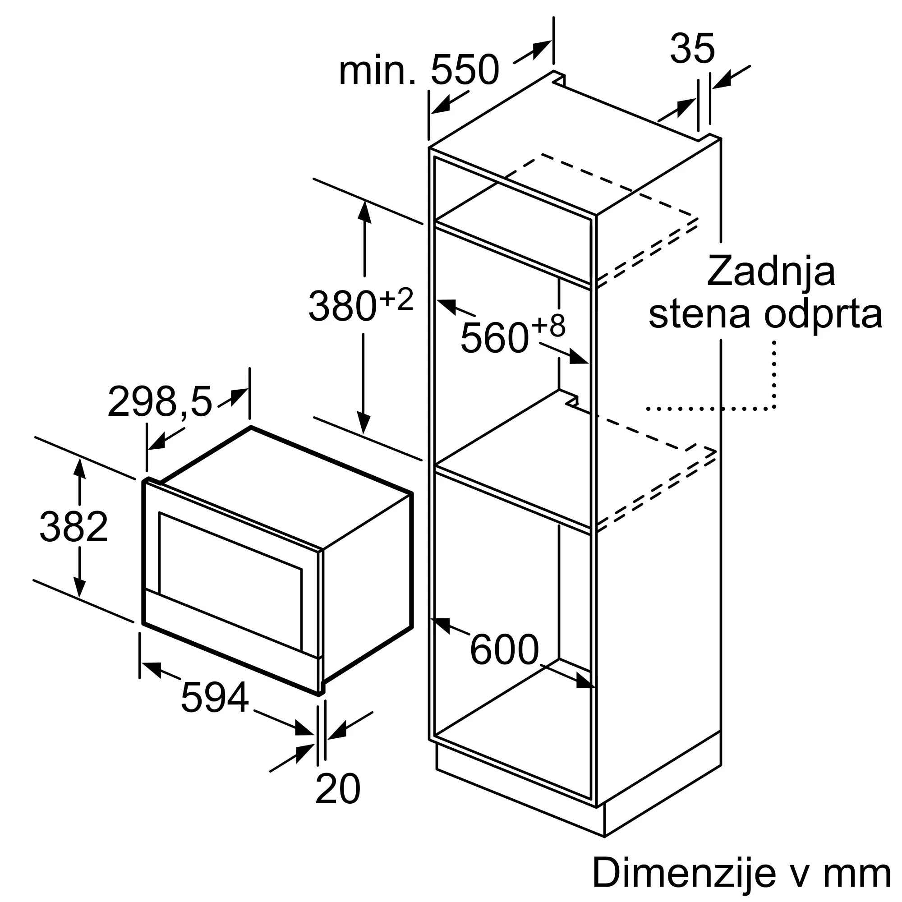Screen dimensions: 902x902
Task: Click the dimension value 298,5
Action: tap(160, 401)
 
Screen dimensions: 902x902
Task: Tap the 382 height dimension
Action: tap(74, 527)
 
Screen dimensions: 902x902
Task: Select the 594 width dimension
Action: tap(214, 698)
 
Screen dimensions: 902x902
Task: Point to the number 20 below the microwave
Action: tap(338, 788)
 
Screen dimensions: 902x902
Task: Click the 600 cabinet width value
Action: tap(504, 649)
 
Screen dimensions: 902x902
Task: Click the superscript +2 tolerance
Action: tap(396, 299)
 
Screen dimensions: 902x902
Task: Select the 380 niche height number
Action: tap(343, 306)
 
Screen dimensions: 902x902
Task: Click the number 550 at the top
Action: tap(465, 69)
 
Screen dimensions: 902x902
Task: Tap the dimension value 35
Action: tap(692, 49)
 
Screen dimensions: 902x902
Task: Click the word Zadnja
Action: tap(771, 271)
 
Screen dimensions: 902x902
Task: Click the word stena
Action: tap(701, 314)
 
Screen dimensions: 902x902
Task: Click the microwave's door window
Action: tap(230, 581)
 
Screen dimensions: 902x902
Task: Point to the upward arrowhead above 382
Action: tap(80, 469)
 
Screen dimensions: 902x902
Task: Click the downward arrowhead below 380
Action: tap(363, 423)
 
